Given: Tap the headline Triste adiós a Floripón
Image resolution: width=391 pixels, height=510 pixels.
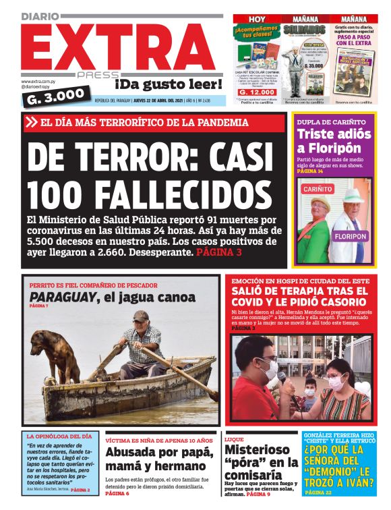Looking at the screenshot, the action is click(x=334, y=141).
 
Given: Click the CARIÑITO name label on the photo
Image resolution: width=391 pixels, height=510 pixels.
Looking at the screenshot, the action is click(x=318, y=190).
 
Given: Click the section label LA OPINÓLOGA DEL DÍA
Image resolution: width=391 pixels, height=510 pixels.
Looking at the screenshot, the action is click(x=59, y=436).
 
